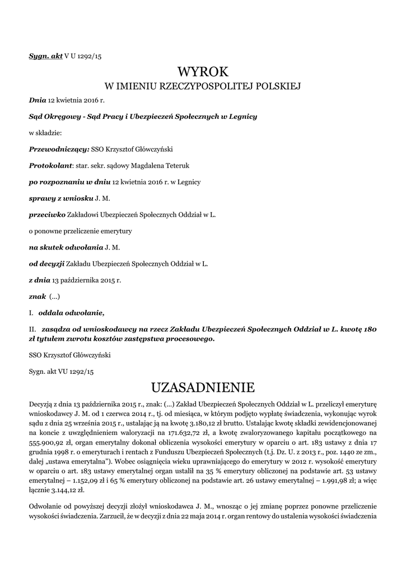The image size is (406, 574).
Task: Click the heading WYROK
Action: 203,72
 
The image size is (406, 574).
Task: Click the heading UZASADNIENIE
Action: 203,387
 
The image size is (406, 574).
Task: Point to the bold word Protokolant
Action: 51,166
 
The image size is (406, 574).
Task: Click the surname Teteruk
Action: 192,166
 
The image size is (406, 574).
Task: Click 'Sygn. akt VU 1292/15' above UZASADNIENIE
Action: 61,371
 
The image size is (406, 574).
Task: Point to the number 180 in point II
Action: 369,330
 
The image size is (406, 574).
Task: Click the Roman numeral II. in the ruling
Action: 32,330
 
